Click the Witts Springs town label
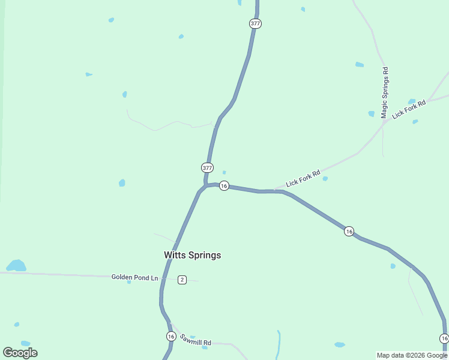pyautogui.click(x=192, y=255)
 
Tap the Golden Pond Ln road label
pyautogui.click(x=134, y=277)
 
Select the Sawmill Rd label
pyautogui.click(x=196, y=340)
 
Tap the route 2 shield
pyautogui.click(x=182, y=280)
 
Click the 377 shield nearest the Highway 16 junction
pyautogui.click(x=207, y=167)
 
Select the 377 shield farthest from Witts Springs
pyautogui.click(x=255, y=23)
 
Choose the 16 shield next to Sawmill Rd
pyautogui.click(x=171, y=337)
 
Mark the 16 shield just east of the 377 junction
pyautogui.click(x=224, y=186)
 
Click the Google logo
pyautogui.click(x=20, y=353)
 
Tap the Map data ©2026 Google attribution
pyautogui.click(x=412, y=355)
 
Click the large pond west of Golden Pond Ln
pyautogui.click(x=16, y=265)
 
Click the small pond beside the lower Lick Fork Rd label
pyautogui.click(x=325, y=178)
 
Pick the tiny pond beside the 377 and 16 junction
pyautogui.click(x=224, y=172)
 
